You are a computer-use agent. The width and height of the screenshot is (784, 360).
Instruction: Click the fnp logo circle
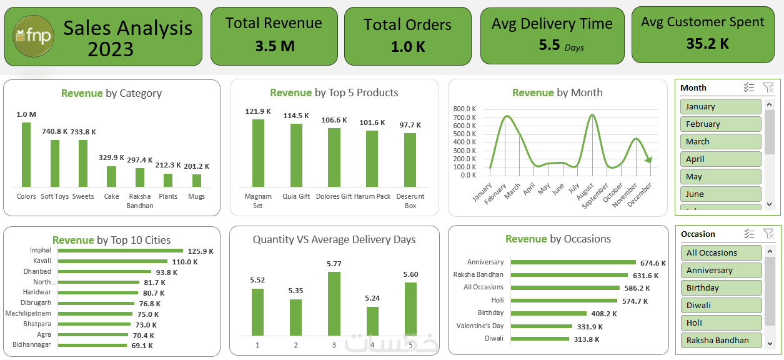tap(33, 37)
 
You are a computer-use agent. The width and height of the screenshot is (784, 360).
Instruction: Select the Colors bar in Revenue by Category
tap(26, 154)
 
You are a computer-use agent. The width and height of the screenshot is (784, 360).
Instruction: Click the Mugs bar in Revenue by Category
tap(197, 180)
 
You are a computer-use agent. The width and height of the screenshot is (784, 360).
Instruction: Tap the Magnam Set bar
tap(258, 152)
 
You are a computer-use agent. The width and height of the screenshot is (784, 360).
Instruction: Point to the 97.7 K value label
tap(410, 125)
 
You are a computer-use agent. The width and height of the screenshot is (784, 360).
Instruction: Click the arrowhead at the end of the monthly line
tap(648, 160)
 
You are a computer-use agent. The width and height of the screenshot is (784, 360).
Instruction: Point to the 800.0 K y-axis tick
tap(465, 109)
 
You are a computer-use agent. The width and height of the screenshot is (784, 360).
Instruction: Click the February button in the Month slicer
tap(721, 124)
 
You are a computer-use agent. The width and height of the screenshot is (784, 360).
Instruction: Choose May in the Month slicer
tap(721, 176)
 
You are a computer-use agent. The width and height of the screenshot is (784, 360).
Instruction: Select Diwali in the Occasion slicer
tap(721, 305)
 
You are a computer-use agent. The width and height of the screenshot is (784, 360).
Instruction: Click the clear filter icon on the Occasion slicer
tap(768, 234)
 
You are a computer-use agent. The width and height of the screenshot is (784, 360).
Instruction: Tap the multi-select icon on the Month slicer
tap(749, 87)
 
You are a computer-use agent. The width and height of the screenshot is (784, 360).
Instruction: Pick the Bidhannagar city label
tap(32, 345)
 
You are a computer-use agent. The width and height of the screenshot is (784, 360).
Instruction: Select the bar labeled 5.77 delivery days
tap(334, 303)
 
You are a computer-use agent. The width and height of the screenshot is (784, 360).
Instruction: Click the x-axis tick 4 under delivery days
tap(372, 345)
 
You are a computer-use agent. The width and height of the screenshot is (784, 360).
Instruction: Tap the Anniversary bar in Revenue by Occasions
tap(573, 262)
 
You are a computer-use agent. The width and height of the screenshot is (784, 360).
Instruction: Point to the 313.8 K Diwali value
tap(586, 339)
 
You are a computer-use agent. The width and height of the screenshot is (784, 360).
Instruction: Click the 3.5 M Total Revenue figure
tap(274, 46)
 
